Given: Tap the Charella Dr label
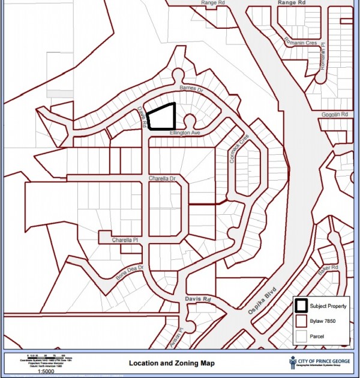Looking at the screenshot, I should pyautogui.click(x=163, y=179).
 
